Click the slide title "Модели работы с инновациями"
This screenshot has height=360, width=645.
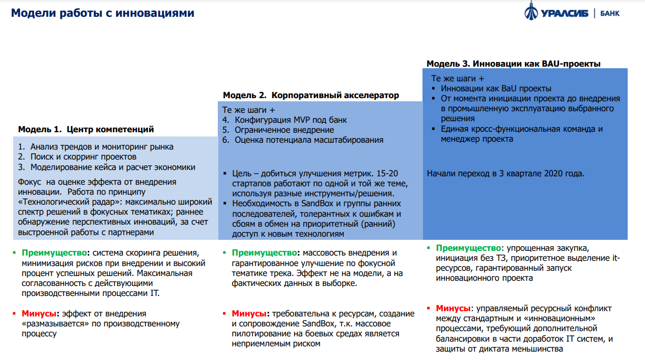pyautogui.click(x=103, y=13)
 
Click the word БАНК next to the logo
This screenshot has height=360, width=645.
pyautogui.click(x=609, y=13)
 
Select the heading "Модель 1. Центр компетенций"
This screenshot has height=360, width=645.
pyautogui.click(x=86, y=129)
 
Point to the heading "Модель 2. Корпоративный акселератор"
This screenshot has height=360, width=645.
pyautogui.click(x=311, y=96)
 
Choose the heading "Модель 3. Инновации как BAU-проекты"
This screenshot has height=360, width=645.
pyautogui.click(x=513, y=63)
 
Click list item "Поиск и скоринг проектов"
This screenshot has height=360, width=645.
pyautogui.click(x=83, y=157)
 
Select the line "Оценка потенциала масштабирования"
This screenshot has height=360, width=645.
pyautogui.click(x=309, y=140)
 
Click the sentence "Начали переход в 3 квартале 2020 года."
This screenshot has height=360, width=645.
pyautogui.click(x=505, y=173)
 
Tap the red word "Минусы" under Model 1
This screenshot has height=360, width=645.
pyautogui.click(x=38, y=314)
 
